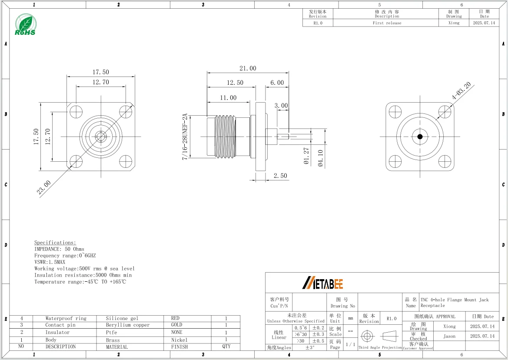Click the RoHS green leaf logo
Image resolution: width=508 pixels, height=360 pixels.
tap(26, 25)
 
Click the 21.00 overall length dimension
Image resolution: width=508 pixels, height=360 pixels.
tap(248, 68)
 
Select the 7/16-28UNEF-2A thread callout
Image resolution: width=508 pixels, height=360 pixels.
tap(185, 137)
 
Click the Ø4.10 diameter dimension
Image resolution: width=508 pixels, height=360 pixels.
tap(321, 158)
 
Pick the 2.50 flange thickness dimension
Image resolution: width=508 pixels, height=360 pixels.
tap(280, 176)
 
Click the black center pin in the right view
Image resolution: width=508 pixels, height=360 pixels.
tap(420, 137)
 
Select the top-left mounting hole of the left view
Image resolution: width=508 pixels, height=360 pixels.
tap(76, 111)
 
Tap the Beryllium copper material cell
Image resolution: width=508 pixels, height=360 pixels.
tap(128, 325)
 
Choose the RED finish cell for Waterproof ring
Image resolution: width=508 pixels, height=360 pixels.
tap(175, 318)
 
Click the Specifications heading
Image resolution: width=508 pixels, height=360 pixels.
tap(55, 242)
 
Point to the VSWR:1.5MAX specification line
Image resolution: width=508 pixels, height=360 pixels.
tap(50, 262)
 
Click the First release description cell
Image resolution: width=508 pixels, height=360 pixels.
tap(387, 23)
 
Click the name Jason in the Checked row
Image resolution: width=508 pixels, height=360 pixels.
tap(449, 336)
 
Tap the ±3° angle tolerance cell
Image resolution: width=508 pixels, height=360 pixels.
tap(309, 347)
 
